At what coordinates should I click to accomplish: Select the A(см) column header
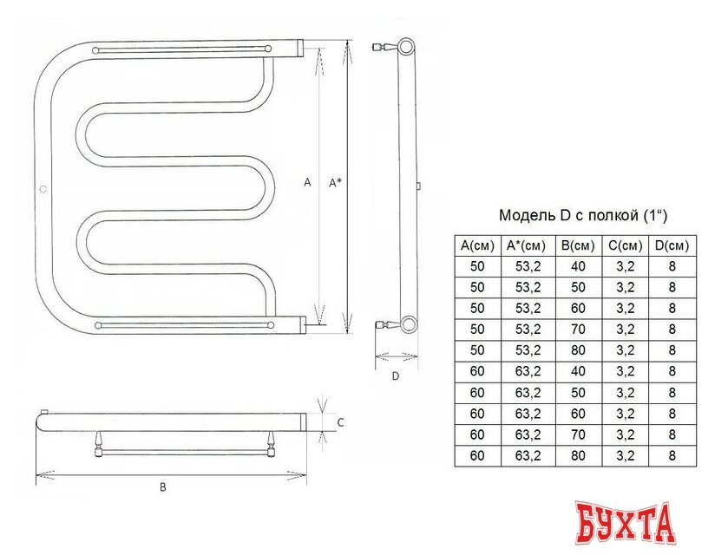476,246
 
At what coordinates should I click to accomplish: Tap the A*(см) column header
526,246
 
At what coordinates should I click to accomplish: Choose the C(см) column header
625,246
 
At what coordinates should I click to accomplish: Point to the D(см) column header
672,246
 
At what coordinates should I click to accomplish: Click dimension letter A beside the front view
307,182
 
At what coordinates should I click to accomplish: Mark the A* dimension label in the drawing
334,182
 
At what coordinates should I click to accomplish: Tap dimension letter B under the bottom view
162,487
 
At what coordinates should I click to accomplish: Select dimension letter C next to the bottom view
340,423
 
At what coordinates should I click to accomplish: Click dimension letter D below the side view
395,375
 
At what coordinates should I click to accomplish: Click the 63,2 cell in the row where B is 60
526,413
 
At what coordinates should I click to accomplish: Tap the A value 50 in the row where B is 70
476,330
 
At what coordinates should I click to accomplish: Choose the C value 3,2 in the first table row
625,267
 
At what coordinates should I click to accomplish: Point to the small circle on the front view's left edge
43,189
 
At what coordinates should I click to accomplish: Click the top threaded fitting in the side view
380,47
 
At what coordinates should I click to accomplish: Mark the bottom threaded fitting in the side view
380,325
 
